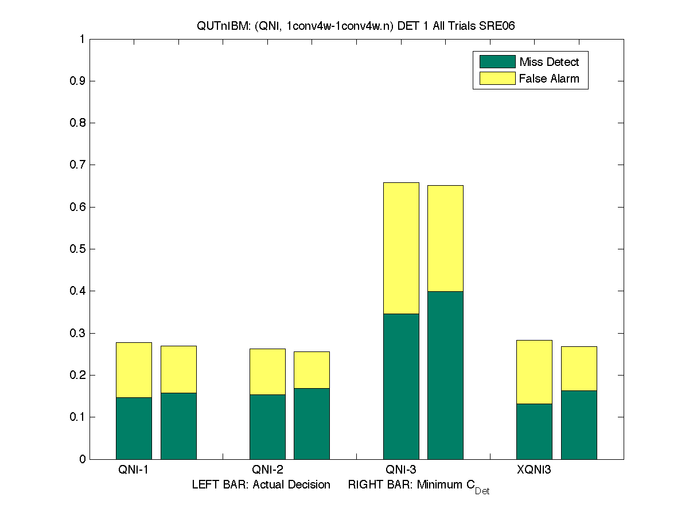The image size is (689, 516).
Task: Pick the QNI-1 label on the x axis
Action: coord(134,470)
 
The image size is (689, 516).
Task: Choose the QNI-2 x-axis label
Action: coord(267,470)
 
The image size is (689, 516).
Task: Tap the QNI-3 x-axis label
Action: coord(401,470)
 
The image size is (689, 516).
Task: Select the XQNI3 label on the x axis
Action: coord(534,470)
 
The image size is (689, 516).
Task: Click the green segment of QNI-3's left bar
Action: coord(401,386)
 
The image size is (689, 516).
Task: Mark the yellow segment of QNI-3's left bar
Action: coord(401,248)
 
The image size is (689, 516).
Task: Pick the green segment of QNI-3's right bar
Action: coord(445,375)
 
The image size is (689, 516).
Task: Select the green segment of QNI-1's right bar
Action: coord(178,425)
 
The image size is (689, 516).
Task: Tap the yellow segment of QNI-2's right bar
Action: coord(312,370)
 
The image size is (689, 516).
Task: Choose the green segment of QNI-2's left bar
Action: coord(267,427)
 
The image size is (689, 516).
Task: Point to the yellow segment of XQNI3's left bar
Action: coord(534,372)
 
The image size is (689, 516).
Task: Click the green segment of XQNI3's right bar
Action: coord(579,424)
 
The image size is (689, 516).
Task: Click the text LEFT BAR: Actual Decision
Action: coord(261,485)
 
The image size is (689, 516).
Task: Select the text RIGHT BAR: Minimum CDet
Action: coord(418,486)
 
